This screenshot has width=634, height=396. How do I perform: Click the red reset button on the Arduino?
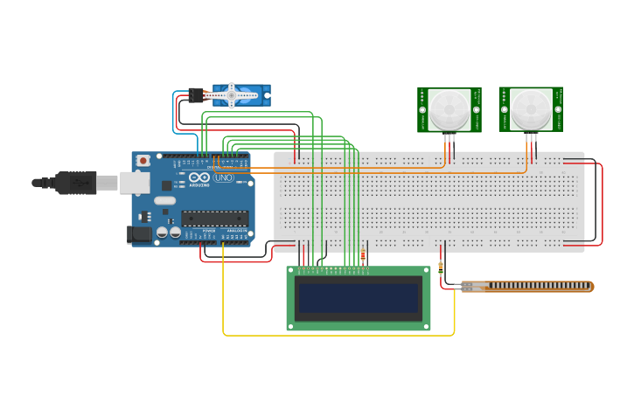click(x=143, y=162)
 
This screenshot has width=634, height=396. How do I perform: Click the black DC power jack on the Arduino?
click(x=138, y=233)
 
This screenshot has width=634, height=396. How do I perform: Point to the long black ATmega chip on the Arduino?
click(x=214, y=219)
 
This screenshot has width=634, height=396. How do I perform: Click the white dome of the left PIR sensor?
click(x=449, y=108)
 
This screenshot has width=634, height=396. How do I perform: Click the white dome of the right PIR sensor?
click(x=531, y=108)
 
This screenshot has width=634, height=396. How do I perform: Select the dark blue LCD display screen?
click(x=359, y=298)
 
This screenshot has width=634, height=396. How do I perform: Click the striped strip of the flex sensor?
click(x=525, y=287)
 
